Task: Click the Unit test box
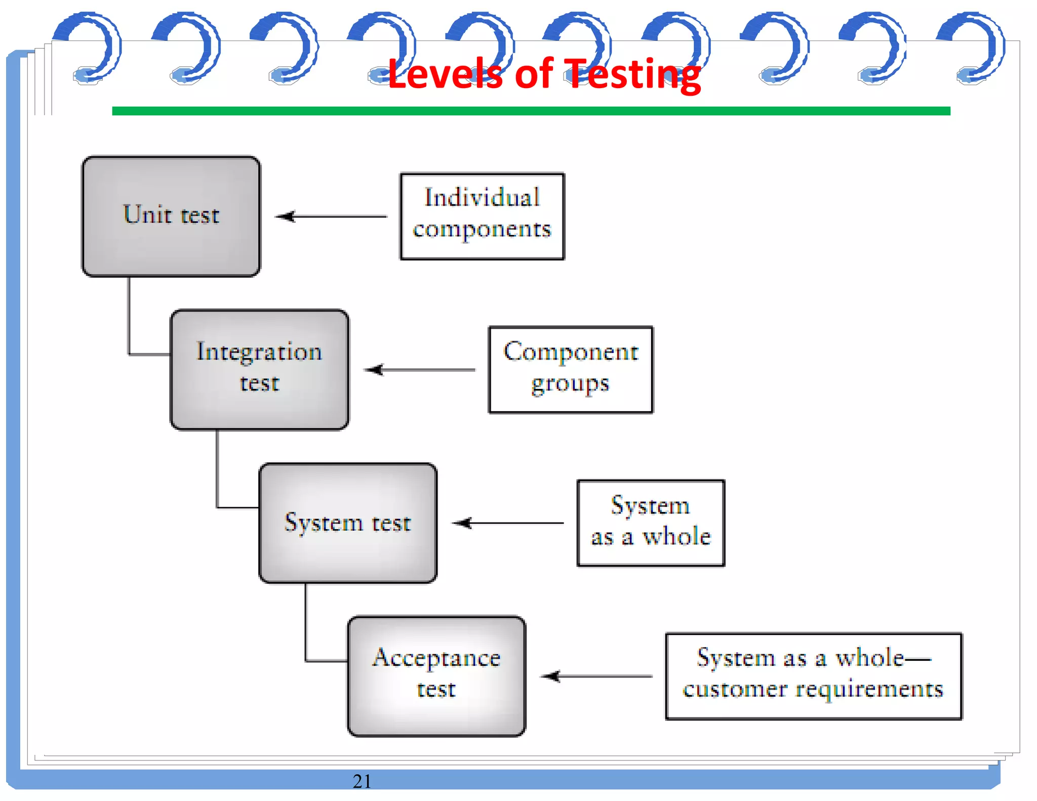(x=171, y=216)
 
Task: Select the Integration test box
(x=259, y=370)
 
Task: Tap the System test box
(x=348, y=523)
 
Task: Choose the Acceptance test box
(x=436, y=676)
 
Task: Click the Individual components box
(x=482, y=216)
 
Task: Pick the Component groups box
(x=571, y=370)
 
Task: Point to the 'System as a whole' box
(x=651, y=523)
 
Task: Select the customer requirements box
(x=814, y=676)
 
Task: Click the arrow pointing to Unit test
(x=331, y=217)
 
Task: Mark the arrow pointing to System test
(x=507, y=523)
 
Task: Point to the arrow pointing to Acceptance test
(x=596, y=676)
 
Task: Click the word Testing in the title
(x=632, y=74)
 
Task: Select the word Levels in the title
(x=445, y=74)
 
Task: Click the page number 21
(x=362, y=781)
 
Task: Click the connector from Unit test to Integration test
(x=130, y=324)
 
